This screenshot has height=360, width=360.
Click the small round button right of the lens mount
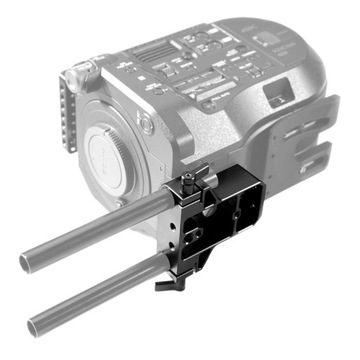pos(146,124)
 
